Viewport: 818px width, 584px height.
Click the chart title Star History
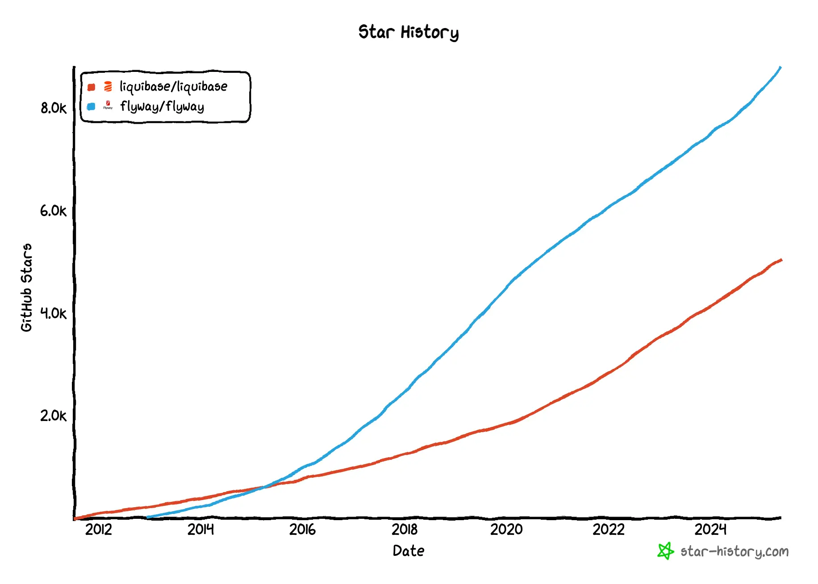point(408,32)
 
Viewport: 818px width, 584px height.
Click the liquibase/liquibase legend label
point(173,87)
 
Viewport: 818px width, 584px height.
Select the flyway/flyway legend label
point(162,107)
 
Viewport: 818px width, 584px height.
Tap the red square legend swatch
point(92,87)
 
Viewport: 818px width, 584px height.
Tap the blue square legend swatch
point(92,107)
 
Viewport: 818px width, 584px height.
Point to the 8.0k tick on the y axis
point(53,108)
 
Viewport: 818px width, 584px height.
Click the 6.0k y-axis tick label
point(53,211)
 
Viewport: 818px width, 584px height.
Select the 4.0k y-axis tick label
point(53,313)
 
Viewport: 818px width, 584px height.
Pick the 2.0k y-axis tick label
point(53,416)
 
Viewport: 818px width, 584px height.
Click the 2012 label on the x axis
point(98,530)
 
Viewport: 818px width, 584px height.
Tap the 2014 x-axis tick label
point(200,530)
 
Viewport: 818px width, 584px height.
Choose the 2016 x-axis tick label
point(302,530)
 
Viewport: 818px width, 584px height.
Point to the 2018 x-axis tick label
point(405,530)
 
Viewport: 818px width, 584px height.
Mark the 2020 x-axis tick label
point(506,530)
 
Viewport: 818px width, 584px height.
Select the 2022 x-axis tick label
point(608,530)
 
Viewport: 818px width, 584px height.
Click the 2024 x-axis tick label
point(710,530)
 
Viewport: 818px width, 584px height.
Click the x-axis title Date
point(408,551)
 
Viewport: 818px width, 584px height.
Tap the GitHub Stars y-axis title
point(27,288)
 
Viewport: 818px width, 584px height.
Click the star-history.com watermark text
point(735,552)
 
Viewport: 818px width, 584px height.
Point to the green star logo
point(665,551)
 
